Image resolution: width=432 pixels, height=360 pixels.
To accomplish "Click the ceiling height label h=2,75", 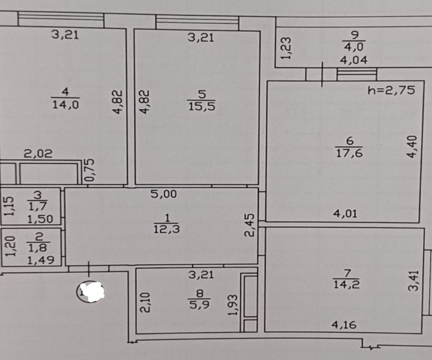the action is (391, 90).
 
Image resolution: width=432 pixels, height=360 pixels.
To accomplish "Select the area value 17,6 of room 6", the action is (349, 153).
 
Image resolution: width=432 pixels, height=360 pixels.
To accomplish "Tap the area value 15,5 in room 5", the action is (202, 106).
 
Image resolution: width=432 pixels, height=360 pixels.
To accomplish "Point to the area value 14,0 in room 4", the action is (65, 104).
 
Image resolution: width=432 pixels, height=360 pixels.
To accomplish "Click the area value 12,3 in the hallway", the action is (167, 229).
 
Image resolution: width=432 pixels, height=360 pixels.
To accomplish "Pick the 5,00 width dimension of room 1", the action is (163, 194).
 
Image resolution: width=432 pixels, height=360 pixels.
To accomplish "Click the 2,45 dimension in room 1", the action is (250, 225).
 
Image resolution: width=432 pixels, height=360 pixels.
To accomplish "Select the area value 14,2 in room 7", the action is (347, 284).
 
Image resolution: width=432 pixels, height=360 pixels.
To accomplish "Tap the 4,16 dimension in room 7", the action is (344, 325).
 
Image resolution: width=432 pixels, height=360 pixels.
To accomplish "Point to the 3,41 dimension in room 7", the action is (413, 281).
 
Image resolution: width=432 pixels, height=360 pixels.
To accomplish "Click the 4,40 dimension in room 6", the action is (412, 147).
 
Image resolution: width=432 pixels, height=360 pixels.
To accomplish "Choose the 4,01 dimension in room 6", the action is (345, 214).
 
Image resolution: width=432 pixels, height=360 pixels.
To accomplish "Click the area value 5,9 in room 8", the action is (199, 305).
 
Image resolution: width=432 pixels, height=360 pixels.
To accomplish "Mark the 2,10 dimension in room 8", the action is (145, 302).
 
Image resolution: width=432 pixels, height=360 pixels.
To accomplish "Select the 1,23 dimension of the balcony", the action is (286, 48).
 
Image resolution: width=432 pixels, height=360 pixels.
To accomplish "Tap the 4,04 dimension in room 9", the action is (353, 60).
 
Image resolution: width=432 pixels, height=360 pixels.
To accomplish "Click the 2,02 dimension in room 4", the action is (38, 153).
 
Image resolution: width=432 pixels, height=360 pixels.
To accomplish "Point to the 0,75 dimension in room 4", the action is (90, 170).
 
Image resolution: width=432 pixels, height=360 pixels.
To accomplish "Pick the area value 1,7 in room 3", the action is (38, 206).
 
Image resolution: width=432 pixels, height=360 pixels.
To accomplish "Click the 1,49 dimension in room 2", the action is (41, 260).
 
